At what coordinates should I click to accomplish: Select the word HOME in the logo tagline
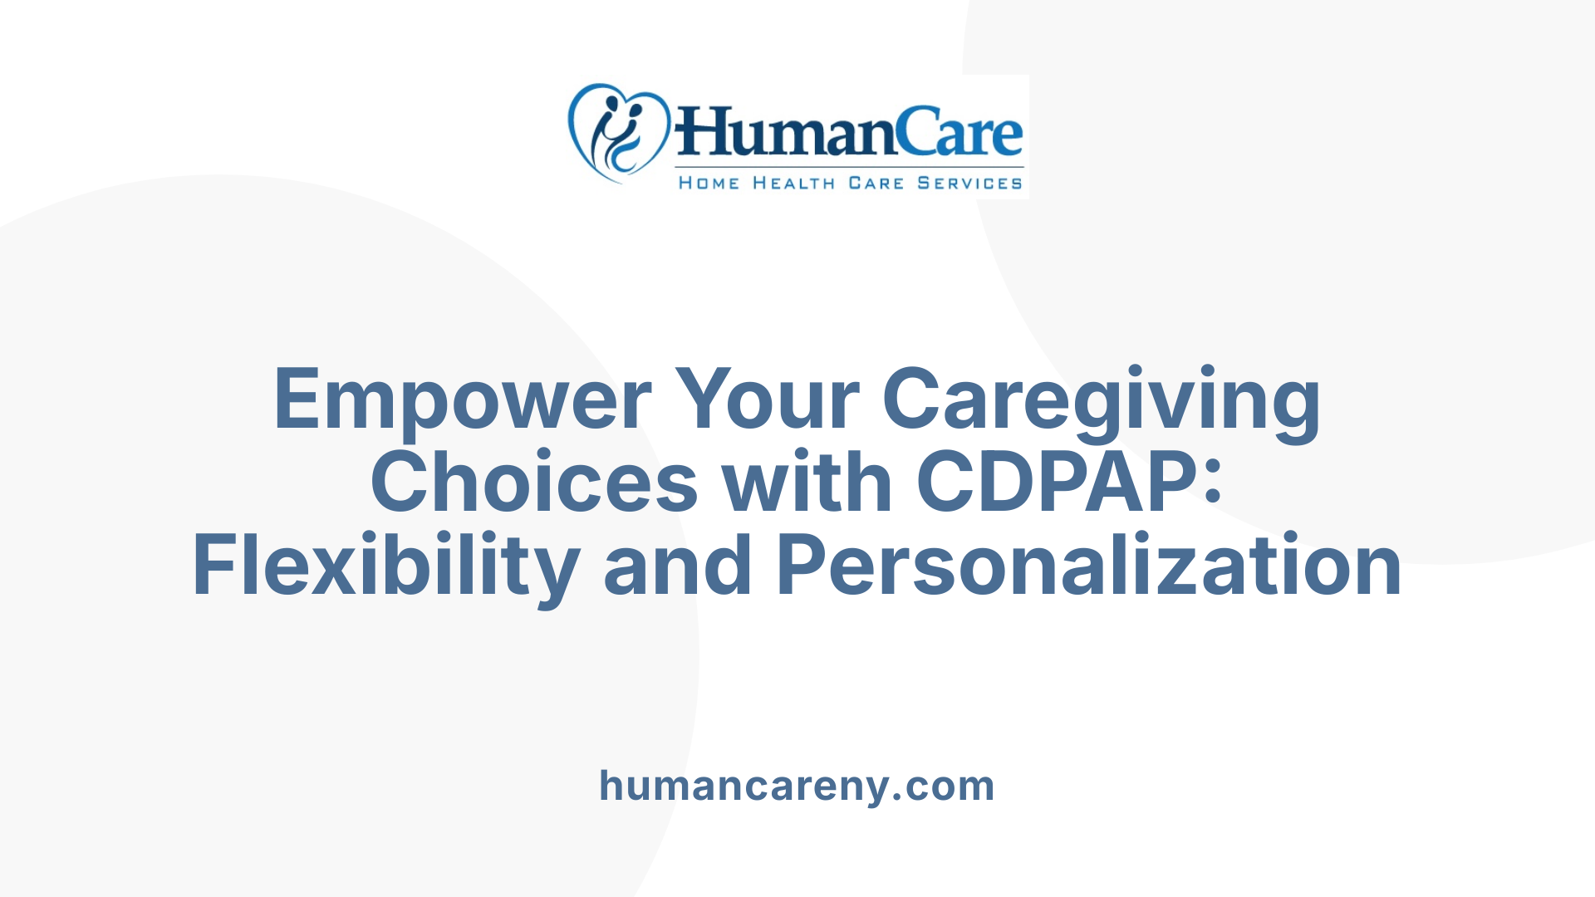[709, 184]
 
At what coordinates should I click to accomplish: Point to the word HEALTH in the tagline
[793, 184]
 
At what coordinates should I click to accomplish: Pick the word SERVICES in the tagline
[969, 184]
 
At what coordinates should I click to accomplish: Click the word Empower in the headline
[462, 400]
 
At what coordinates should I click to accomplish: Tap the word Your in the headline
[766, 400]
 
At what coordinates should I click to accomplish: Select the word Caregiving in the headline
[1102, 400]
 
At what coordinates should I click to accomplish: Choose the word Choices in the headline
[534, 483]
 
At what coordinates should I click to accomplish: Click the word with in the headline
[807, 483]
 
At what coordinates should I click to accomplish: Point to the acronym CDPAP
[1055, 483]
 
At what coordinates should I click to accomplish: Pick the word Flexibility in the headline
[385, 566]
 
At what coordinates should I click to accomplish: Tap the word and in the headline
[677, 566]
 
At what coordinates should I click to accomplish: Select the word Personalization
[1089, 566]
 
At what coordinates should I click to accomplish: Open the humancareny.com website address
[797, 786]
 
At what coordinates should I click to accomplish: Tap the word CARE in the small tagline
[876, 184]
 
